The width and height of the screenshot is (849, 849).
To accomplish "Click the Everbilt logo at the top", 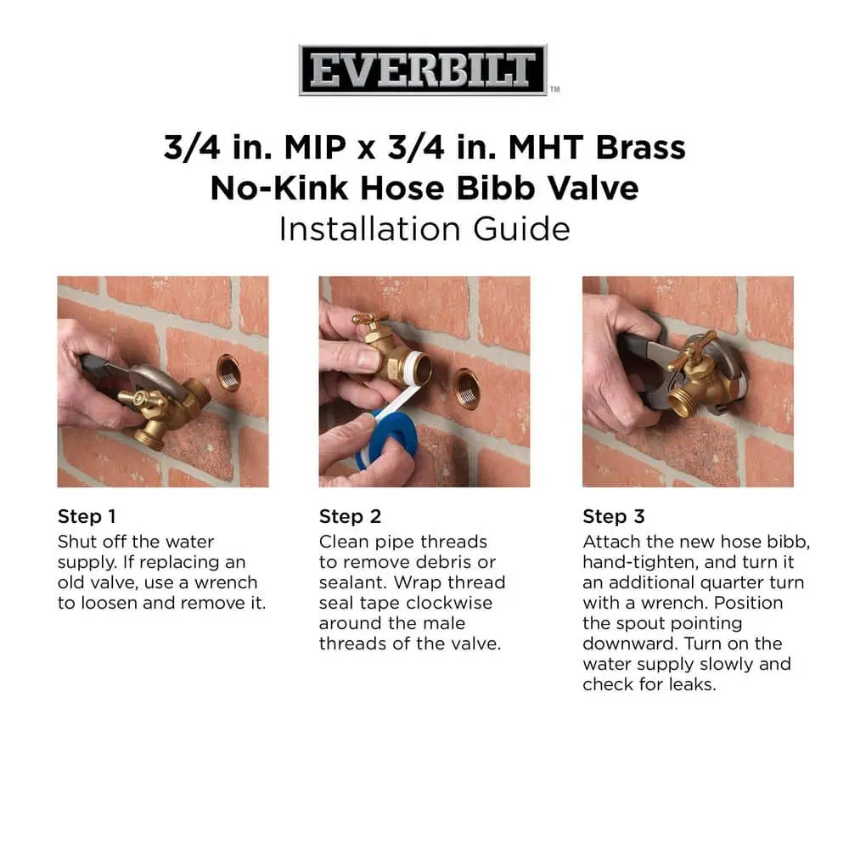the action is coord(423,70).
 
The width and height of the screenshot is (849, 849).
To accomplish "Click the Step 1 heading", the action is coord(87,516).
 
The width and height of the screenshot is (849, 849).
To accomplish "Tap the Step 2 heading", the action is coord(350,516).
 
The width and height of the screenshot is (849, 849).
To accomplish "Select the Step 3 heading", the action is coord(614,516).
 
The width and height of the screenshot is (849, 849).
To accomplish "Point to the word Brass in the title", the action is coord(640,147).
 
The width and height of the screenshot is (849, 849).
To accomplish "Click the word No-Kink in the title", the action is coord(278,188).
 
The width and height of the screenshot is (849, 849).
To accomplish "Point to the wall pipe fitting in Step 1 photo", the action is coord(229,373).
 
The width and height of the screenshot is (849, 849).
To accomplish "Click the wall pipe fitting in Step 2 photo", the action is coord(467,388).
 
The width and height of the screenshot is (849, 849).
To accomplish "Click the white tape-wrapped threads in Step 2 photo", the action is coord(418,368).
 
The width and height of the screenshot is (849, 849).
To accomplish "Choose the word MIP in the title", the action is coord(315,147).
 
